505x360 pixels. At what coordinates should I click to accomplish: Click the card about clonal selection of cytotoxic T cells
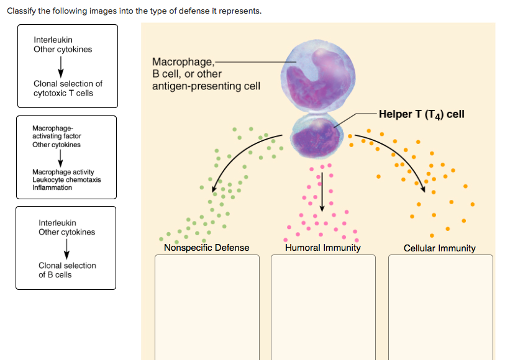66,65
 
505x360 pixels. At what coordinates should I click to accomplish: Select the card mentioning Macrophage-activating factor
66,157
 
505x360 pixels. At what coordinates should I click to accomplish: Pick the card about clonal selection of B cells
66,248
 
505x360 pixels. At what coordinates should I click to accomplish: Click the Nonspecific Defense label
206,248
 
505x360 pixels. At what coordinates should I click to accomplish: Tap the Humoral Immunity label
322,248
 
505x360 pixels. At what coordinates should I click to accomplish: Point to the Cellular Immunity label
439,248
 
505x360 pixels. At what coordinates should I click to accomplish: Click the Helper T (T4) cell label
421,114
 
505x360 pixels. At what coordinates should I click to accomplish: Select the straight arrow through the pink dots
322,189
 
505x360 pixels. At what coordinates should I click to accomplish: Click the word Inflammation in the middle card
52,187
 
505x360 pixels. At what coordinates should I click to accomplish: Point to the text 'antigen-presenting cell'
206,86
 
